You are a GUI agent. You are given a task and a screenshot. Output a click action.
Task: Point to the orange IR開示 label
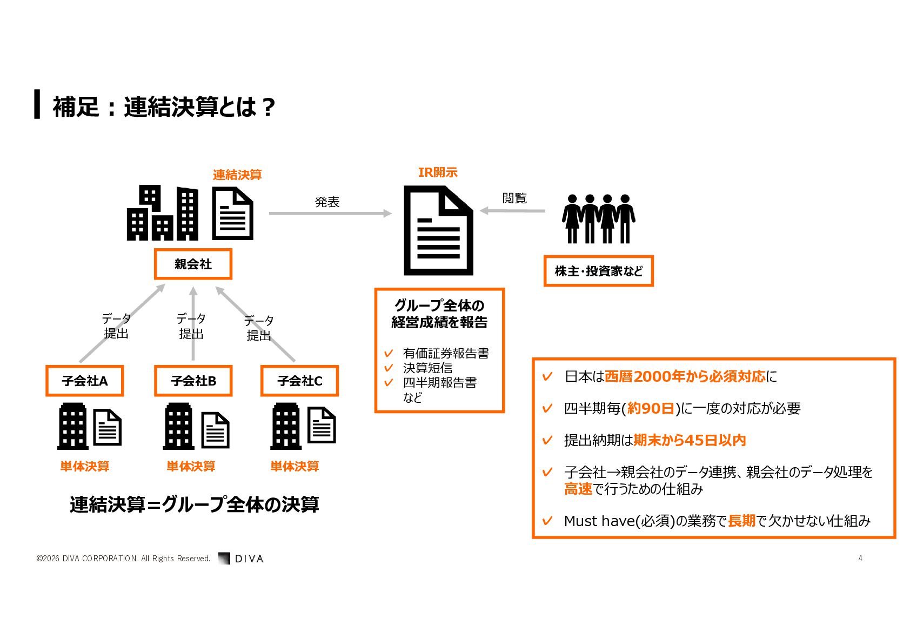pyautogui.click(x=438, y=172)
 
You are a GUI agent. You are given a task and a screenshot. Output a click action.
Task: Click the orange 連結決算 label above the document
pyautogui.click(x=237, y=175)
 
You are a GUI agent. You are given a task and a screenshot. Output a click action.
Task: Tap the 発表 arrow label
pyautogui.click(x=327, y=202)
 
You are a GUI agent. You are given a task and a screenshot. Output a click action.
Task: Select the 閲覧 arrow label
pyautogui.click(x=514, y=198)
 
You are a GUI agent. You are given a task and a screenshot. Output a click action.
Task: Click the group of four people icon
pyautogui.click(x=599, y=219)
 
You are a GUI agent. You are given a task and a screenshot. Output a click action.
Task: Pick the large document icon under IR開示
pyautogui.click(x=438, y=230)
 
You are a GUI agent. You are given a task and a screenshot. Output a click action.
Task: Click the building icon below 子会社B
pyautogui.click(x=178, y=426)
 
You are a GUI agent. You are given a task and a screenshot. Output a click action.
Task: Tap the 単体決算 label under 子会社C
pyautogui.click(x=295, y=466)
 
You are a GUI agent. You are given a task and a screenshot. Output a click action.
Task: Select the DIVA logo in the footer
pyautogui.click(x=241, y=558)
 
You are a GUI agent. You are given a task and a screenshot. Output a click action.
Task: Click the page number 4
pyautogui.click(x=860, y=559)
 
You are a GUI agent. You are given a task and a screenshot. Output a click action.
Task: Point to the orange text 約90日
pyautogui.click(x=651, y=408)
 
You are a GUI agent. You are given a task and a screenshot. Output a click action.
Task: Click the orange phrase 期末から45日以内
pyautogui.click(x=690, y=440)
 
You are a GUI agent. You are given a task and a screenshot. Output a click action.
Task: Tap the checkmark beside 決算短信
pyautogui.click(x=389, y=368)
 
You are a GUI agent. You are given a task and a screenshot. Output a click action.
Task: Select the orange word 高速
pyautogui.click(x=578, y=489)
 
